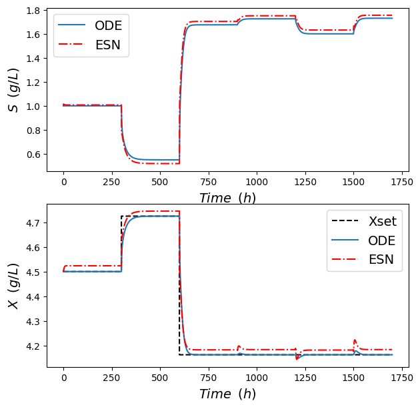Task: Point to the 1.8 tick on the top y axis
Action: [33, 11]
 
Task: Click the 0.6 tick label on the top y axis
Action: [33, 155]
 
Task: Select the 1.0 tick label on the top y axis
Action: [33, 107]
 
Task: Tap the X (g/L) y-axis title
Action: [13, 285]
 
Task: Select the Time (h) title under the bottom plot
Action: [227, 394]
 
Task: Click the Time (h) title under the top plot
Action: [227, 198]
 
